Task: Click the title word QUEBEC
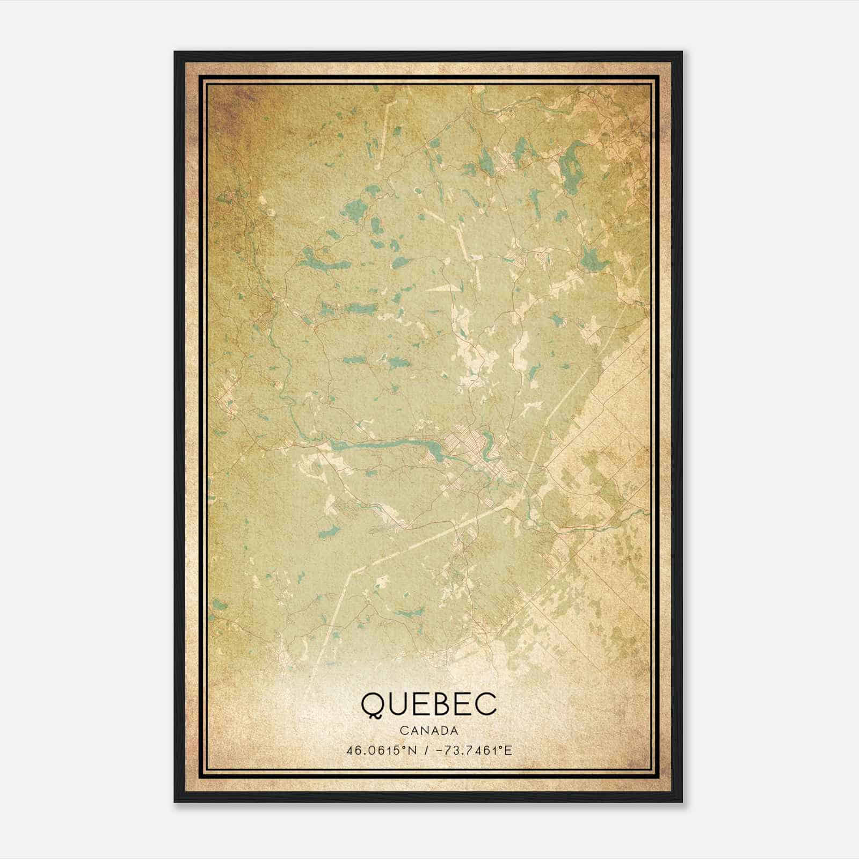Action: pos(429,704)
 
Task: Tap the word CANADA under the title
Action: pos(429,731)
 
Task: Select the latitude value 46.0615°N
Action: pos(381,749)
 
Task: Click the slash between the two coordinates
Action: pos(426,749)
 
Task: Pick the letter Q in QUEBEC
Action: pos(374,705)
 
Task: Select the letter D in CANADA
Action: pos(443,731)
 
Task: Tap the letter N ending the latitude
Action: pos(413,749)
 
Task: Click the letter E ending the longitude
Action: pos(508,749)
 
